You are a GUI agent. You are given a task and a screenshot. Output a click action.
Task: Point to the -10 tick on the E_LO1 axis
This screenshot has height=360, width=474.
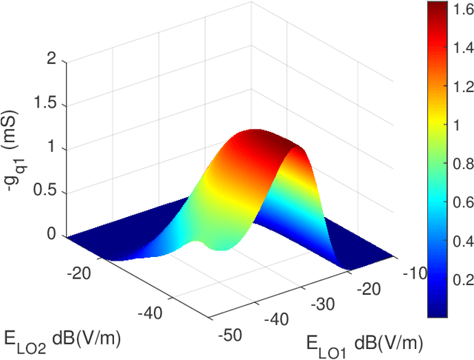(x=415, y=273)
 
